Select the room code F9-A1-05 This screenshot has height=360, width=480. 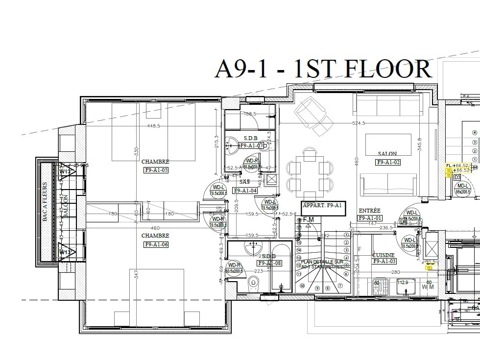(x=156, y=170)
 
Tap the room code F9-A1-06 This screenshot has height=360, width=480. (x=156, y=244)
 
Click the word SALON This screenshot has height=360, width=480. (x=387, y=154)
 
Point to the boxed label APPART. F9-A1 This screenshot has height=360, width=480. (x=322, y=206)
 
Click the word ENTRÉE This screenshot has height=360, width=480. (x=369, y=210)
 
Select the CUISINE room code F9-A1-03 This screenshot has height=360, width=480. (x=384, y=262)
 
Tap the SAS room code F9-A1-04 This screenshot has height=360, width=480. (x=245, y=191)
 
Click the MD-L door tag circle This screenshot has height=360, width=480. (x=462, y=189)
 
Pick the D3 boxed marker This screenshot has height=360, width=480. (x=456, y=177)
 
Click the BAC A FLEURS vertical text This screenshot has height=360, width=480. (x=45, y=202)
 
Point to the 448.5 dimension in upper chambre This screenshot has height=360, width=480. (x=153, y=126)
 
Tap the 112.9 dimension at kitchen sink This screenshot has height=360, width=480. (x=402, y=282)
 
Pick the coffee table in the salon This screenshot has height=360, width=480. (x=388, y=145)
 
